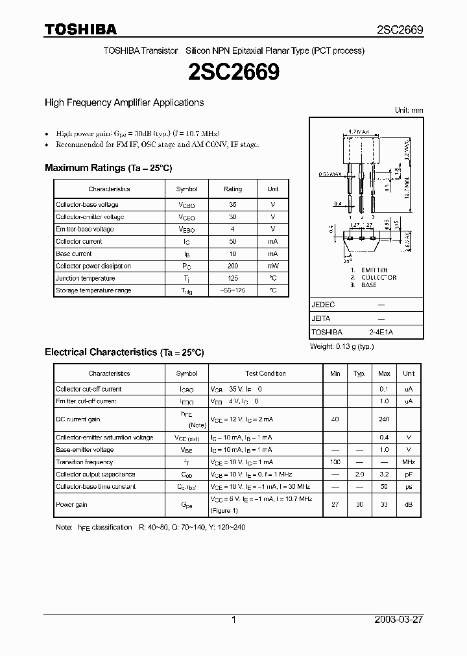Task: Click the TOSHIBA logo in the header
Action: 80,29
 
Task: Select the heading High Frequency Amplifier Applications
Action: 124,102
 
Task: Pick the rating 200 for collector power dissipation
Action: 233,266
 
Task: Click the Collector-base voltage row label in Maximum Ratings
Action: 87,205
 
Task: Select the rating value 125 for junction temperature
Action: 233,279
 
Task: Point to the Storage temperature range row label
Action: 93,291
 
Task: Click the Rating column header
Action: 233,189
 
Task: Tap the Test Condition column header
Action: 265,374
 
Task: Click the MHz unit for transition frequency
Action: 409,462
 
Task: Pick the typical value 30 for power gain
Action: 359,505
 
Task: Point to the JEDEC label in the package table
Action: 323,304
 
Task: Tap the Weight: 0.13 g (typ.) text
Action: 341,347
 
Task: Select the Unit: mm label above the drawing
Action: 409,110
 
